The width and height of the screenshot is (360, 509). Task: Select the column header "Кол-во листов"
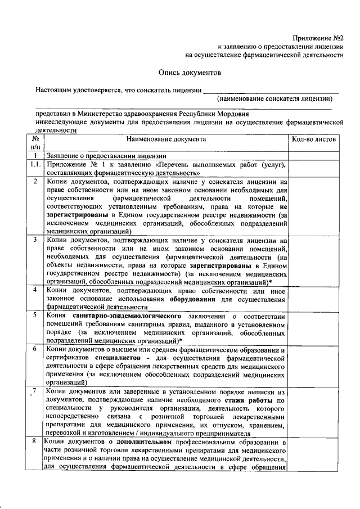(313, 139)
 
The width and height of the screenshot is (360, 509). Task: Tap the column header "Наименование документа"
(166, 139)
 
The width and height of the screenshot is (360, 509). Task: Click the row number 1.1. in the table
(35, 164)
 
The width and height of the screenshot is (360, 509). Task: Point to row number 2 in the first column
(35, 182)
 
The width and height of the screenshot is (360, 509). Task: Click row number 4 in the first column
(35, 290)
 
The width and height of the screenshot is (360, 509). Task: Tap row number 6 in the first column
(35, 349)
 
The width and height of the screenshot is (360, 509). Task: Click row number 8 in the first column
(35, 443)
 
